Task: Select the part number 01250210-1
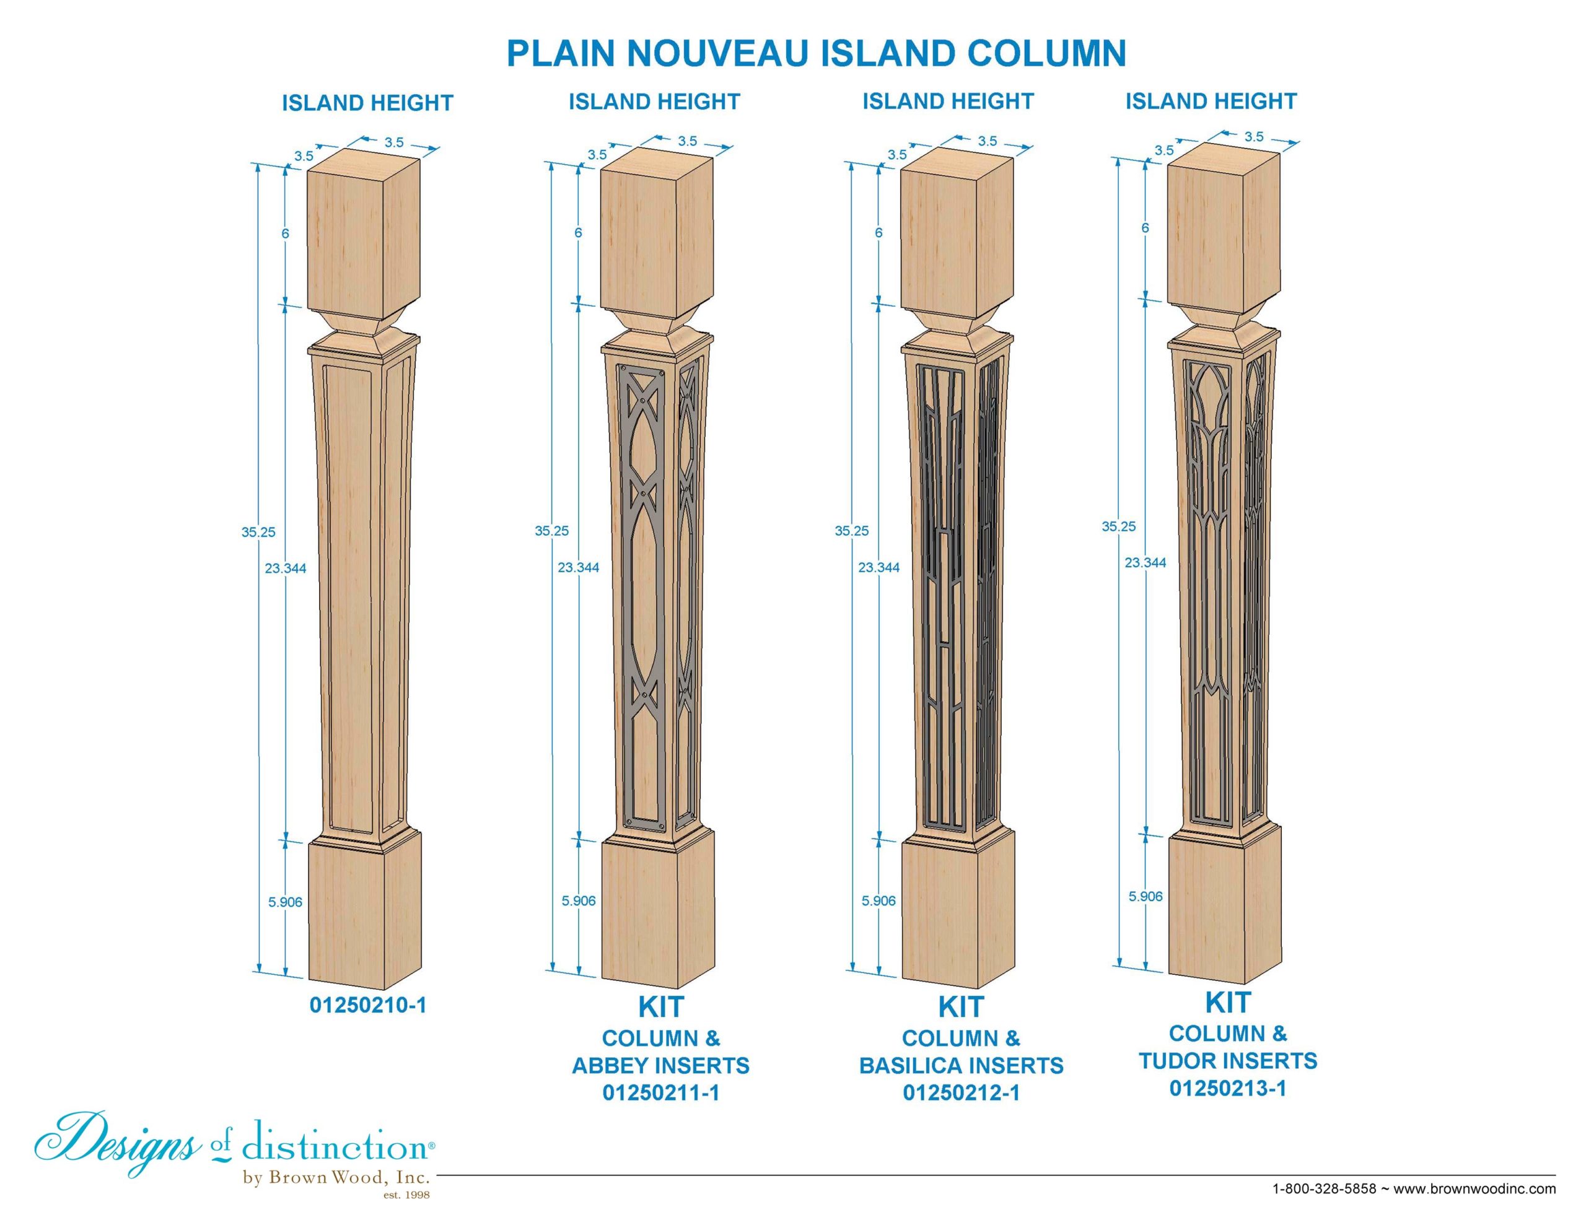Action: [x=368, y=1005]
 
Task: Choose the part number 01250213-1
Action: [x=1228, y=1088]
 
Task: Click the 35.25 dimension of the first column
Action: [x=258, y=531]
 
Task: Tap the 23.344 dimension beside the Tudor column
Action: [x=1145, y=562]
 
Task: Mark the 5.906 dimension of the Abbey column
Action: [x=579, y=900]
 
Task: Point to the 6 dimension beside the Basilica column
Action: [x=878, y=233]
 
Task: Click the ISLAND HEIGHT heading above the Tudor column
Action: [x=1211, y=101]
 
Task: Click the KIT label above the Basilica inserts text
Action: [x=962, y=1007]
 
